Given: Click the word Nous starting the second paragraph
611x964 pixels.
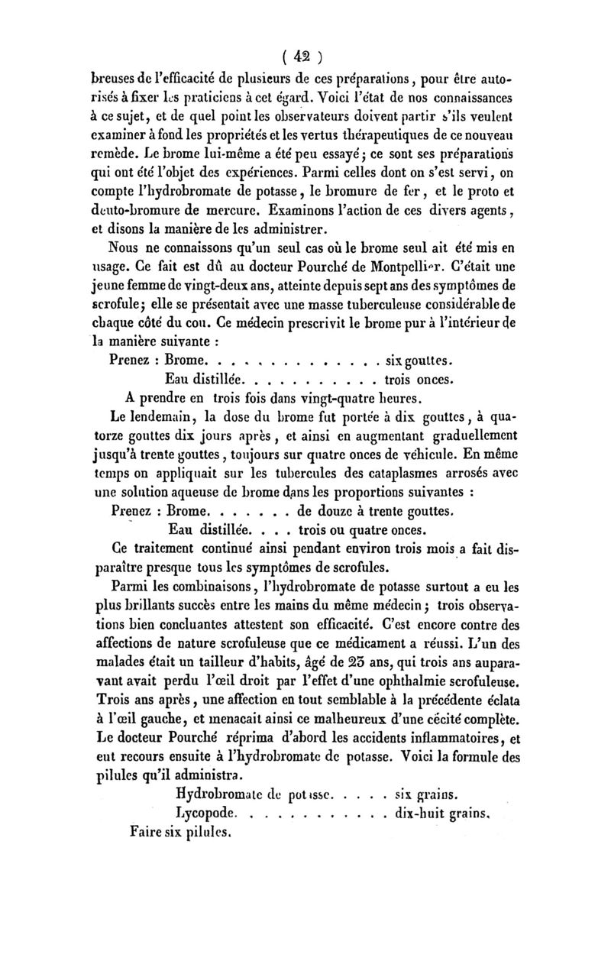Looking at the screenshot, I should [x=127, y=247].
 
